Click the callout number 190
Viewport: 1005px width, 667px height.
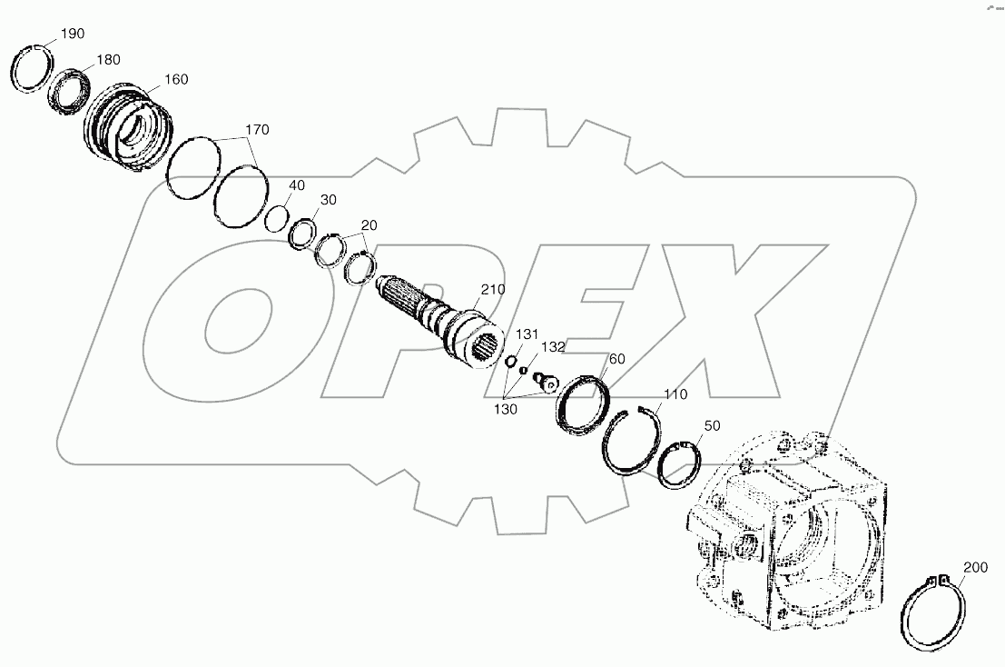coord(73,34)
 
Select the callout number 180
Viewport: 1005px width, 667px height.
coord(108,60)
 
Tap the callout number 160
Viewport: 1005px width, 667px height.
coord(176,80)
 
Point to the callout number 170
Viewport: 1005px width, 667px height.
coord(257,131)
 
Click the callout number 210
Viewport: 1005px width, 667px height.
coord(493,290)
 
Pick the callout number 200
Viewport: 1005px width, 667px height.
coord(975,568)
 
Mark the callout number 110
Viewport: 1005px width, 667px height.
coord(675,395)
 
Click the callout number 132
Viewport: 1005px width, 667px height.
coord(553,347)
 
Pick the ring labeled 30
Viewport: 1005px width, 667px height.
coord(301,233)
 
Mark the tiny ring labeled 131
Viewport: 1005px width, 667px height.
coord(510,361)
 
